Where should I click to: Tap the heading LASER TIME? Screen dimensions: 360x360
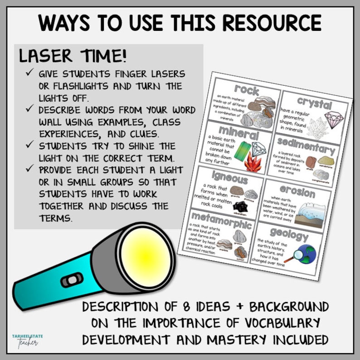(x=73, y=57)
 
